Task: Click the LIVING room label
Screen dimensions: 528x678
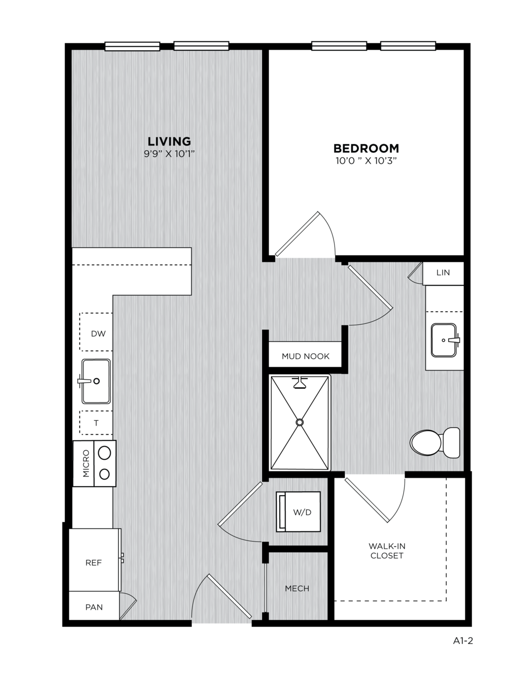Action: click(169, 142)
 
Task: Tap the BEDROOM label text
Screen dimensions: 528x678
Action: click(366, 148)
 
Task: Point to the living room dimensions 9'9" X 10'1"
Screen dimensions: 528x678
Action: click(169, 154)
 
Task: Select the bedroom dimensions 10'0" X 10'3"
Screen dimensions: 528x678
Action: click(366, 161)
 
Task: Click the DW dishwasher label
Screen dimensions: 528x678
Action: click(98, 333)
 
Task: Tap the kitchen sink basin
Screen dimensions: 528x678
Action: click(96, 381)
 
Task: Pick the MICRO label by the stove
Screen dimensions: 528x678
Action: click(86, 463)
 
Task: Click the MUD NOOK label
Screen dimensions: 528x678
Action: click(306, 356)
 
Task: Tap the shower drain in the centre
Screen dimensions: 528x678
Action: click(300, 422)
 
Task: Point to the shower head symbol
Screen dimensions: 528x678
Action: click(300, 382)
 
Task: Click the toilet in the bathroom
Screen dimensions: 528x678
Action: click(435, 443)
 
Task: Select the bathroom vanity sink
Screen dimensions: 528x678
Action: click(444, 340)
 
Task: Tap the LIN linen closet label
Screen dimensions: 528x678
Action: click(443, 273)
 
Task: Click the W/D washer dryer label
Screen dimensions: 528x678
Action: click(302, 512)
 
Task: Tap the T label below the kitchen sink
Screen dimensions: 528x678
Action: click(96, 423)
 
